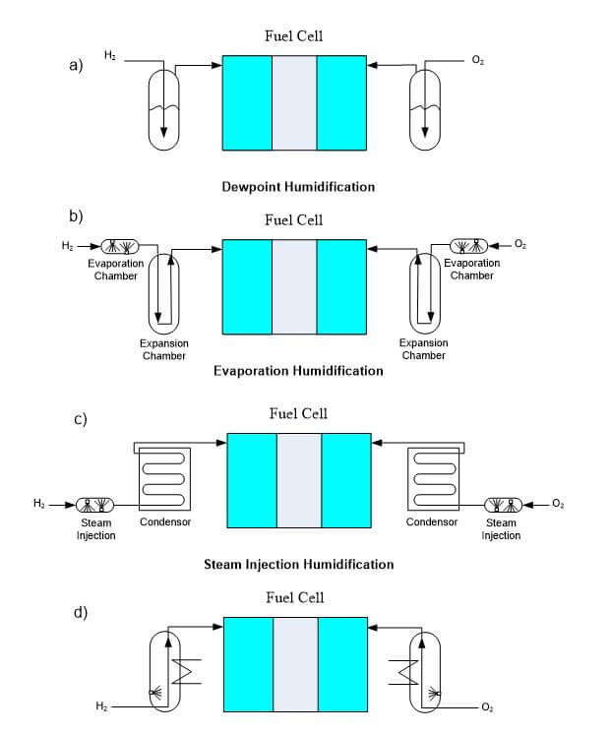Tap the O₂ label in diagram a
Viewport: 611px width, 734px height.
click(477, 61)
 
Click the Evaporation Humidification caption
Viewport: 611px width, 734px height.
click(298, 371)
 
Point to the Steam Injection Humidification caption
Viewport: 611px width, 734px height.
click(298, 565)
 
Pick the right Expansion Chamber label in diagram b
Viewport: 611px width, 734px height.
click(423, 349)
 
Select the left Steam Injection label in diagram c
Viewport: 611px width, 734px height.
click(95, 529)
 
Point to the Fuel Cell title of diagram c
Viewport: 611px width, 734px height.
click(298, 413)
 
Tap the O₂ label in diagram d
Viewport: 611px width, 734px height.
click(487, 707)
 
